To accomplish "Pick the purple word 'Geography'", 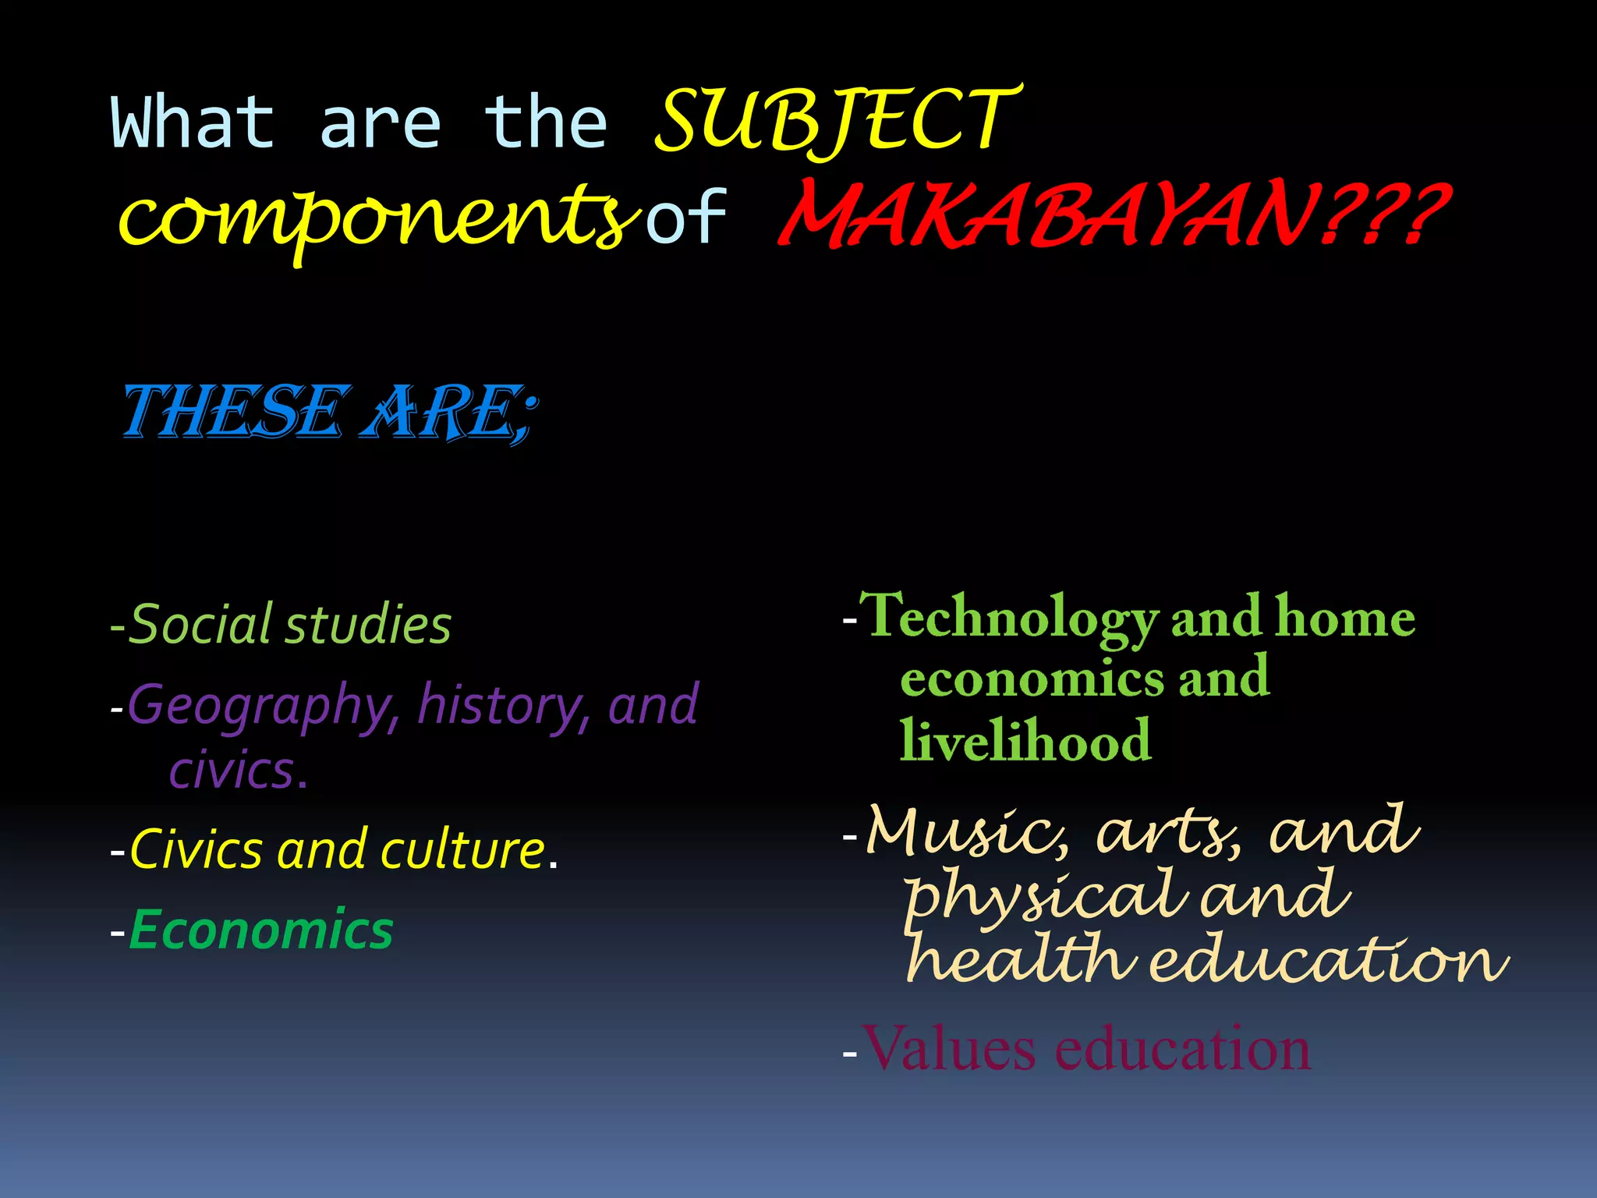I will [260, 705].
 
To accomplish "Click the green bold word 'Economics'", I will [260, 930].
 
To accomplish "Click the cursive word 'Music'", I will [967, 830].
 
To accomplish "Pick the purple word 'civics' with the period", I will [239, 771].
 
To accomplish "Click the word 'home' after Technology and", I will [1344, 618].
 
